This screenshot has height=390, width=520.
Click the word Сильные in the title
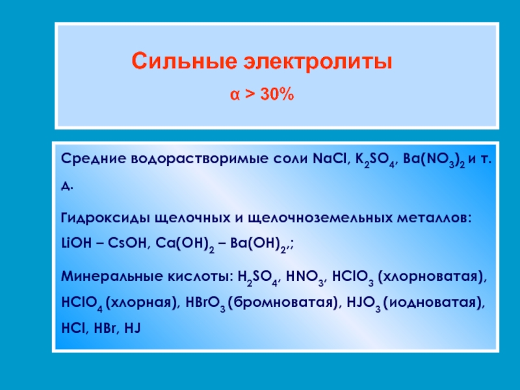point(184,60)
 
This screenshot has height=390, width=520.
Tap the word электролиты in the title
point(318,62)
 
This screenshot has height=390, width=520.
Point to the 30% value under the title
point(278,94)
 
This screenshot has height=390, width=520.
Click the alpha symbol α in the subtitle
point(235,94)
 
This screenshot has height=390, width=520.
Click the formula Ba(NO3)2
point(434,160)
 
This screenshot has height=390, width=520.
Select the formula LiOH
point(76,243)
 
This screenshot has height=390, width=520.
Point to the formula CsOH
point(127,243)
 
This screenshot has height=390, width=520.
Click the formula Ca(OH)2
point(185,244)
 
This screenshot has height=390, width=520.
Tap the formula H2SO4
point(259,278)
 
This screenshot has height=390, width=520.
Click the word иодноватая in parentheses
point(432,303)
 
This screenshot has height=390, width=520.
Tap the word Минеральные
point(111,276)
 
